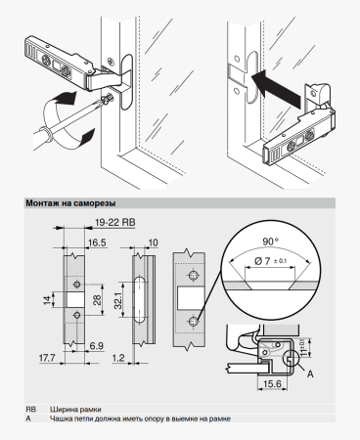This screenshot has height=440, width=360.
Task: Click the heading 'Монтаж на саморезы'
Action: [x=70, y=203]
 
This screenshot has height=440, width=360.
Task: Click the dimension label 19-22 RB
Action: [x=115, y=222]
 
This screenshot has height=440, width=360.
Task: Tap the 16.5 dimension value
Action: [x=97, y=242]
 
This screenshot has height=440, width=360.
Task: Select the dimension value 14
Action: [x=48, y=300]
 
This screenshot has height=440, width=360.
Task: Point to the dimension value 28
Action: [x=97, y=300]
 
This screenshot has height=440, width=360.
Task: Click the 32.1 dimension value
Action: [x=117, y=300]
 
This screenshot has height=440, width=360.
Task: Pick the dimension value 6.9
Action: [x=97, y=346]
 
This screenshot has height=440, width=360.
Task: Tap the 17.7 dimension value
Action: [x=47, y=358]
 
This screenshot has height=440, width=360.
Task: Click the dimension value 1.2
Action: [x=118, y=358]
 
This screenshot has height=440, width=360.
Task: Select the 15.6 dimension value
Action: [x=272, y=384]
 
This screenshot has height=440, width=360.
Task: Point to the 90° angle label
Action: [x=271, y=242]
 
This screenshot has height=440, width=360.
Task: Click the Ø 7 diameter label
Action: [x=262, y=261]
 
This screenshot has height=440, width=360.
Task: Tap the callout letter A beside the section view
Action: [x=310, y=374]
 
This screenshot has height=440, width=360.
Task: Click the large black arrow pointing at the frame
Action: [x=276, y=88]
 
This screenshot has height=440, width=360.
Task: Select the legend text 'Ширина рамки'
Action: [x=75, y=410]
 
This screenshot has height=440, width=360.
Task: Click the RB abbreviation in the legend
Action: [x=31, y=410]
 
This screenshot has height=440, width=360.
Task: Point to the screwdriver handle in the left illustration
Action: [x=42, y=137]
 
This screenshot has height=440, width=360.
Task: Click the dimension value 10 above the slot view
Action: [x=153, y=242]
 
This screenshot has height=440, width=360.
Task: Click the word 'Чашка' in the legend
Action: [x=59, y=418]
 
